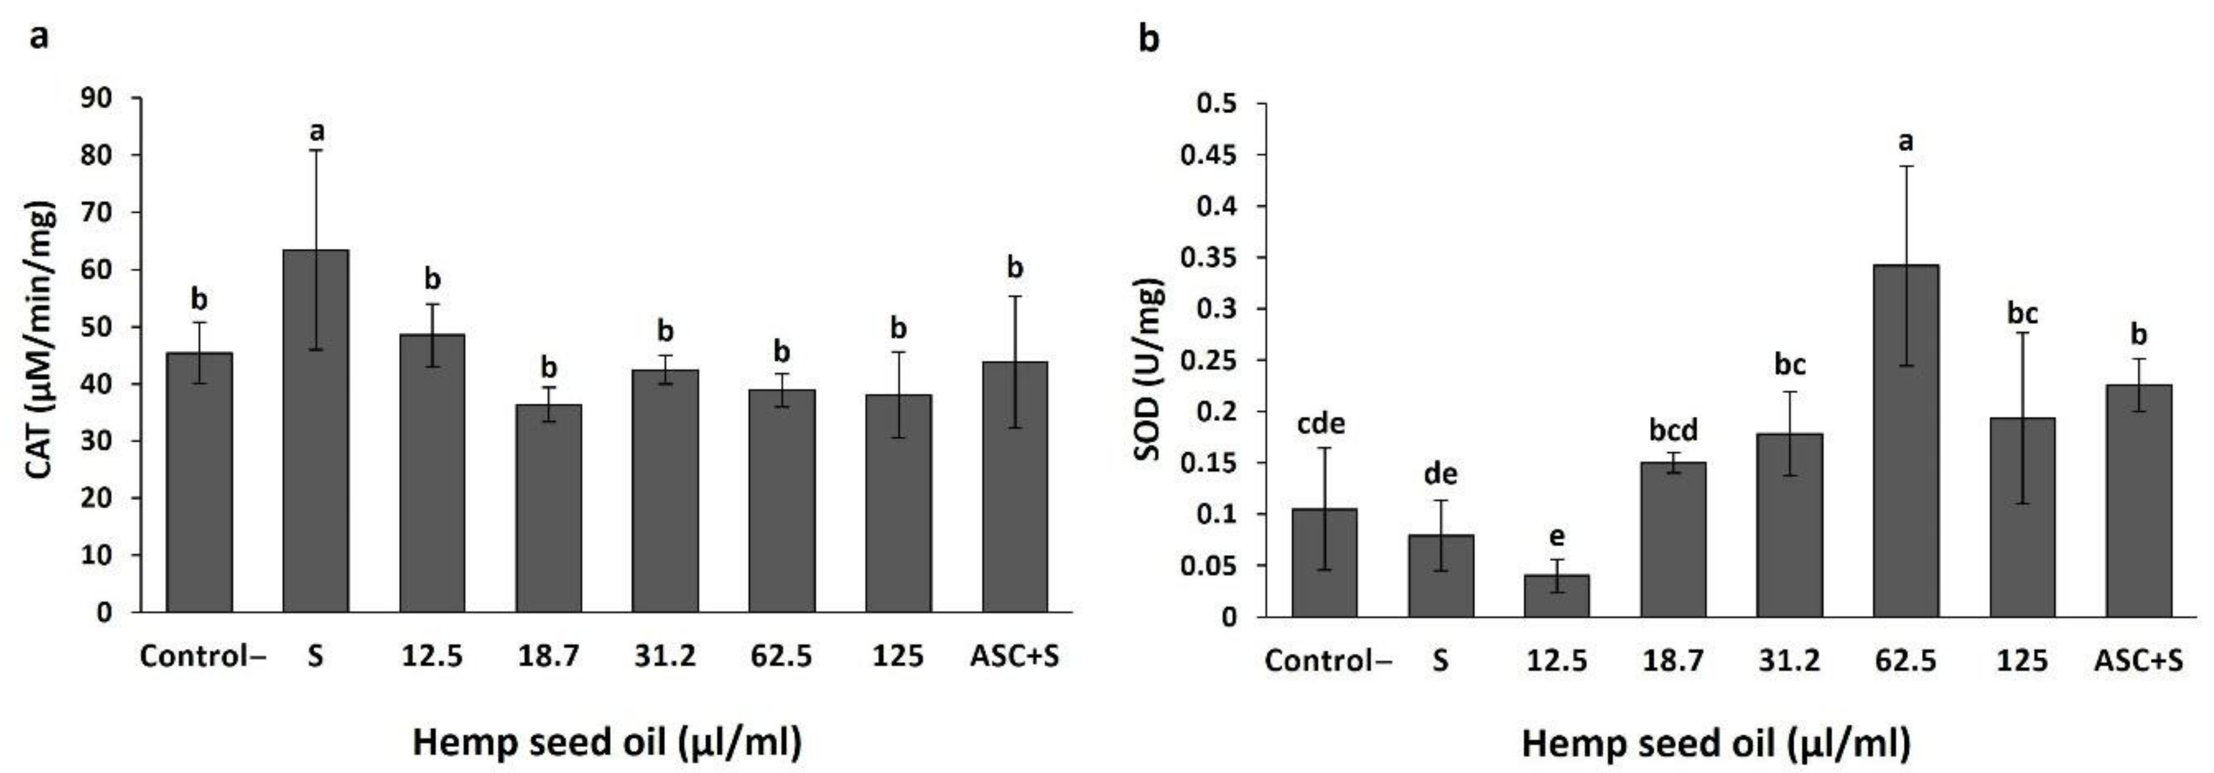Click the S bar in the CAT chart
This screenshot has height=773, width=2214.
(x=316, y=430)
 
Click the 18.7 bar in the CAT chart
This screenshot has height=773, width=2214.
(x=548, y=507)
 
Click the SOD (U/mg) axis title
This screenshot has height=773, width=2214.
(x=1150, y=370)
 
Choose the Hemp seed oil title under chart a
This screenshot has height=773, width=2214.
(x=607, y=741)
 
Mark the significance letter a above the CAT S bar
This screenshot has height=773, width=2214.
(x=316, y=132)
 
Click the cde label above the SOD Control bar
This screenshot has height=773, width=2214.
(x=1321, y=423)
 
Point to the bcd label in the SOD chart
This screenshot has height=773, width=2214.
(x=1673, y=429)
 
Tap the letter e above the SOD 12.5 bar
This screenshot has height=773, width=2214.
(x=1557, y=536)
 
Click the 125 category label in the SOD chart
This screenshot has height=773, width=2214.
(x=2021, y=660)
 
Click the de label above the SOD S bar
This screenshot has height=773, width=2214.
(x=1440, y=474)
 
